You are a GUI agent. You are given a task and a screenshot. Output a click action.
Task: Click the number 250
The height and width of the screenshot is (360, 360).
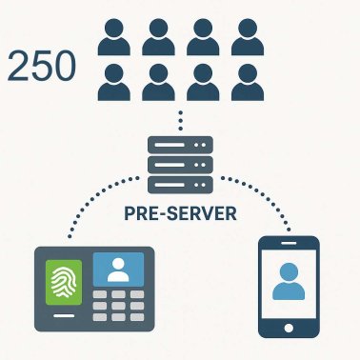click(x=42, y=67)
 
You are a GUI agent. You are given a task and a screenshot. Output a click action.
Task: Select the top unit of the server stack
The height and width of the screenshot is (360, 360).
click(x=180, y=146)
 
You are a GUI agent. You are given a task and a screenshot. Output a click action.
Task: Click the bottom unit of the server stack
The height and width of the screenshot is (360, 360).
click(x=180, y=186)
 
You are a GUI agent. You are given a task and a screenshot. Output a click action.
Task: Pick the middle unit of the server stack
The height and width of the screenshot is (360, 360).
click(x=180, y=166)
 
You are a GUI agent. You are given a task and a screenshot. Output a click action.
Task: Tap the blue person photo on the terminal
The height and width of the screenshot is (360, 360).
click(x=118, y=270)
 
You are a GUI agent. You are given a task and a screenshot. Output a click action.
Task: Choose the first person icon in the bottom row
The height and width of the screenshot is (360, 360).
click(x=114, y=82)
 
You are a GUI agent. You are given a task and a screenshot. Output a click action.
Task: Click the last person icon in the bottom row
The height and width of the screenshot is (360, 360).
click(x=247, y=82)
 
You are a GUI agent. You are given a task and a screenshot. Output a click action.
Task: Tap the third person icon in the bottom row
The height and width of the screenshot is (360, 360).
click(x=203, y=82)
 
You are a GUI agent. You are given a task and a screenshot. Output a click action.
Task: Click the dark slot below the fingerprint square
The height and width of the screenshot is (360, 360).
click(x=65, y=315)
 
